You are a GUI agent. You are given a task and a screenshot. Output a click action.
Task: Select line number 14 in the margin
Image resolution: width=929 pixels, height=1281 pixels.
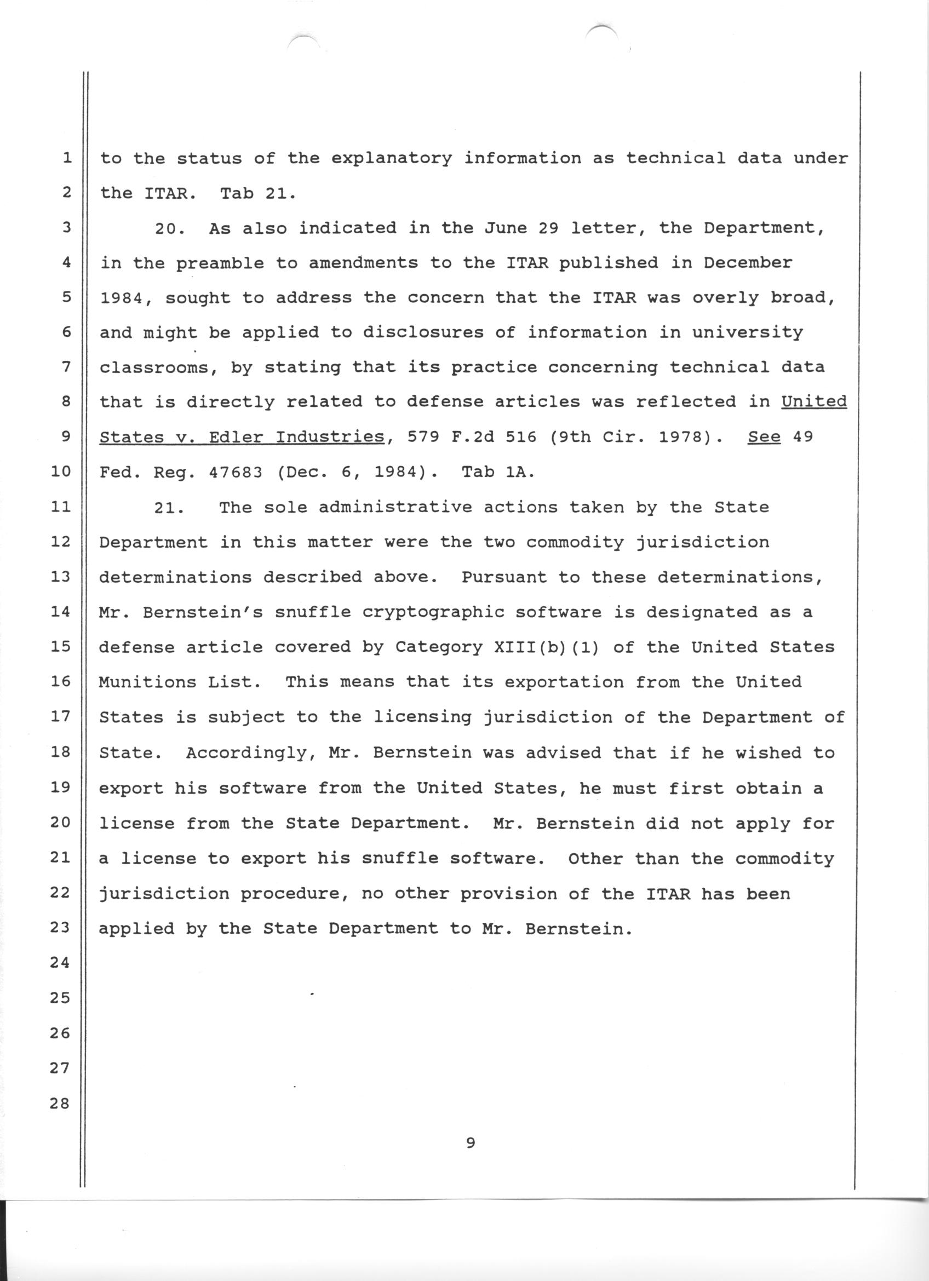point(59,612)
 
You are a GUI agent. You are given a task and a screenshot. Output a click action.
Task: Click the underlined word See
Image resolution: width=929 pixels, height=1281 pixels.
point(764,436)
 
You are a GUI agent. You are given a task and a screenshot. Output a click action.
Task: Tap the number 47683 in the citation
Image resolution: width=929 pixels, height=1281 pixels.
point(236,472)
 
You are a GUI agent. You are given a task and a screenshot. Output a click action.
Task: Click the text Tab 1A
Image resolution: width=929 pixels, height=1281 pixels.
point(497,472)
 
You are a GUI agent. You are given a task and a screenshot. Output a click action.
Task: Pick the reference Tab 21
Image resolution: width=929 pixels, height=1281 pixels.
point(257,194)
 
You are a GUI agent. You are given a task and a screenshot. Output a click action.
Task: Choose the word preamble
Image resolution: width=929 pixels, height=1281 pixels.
point(220,264)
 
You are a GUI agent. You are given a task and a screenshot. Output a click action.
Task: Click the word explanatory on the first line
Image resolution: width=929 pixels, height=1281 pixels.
point(391,159)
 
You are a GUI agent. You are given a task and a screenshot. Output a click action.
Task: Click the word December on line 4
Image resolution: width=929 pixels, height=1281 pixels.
point(747,263)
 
